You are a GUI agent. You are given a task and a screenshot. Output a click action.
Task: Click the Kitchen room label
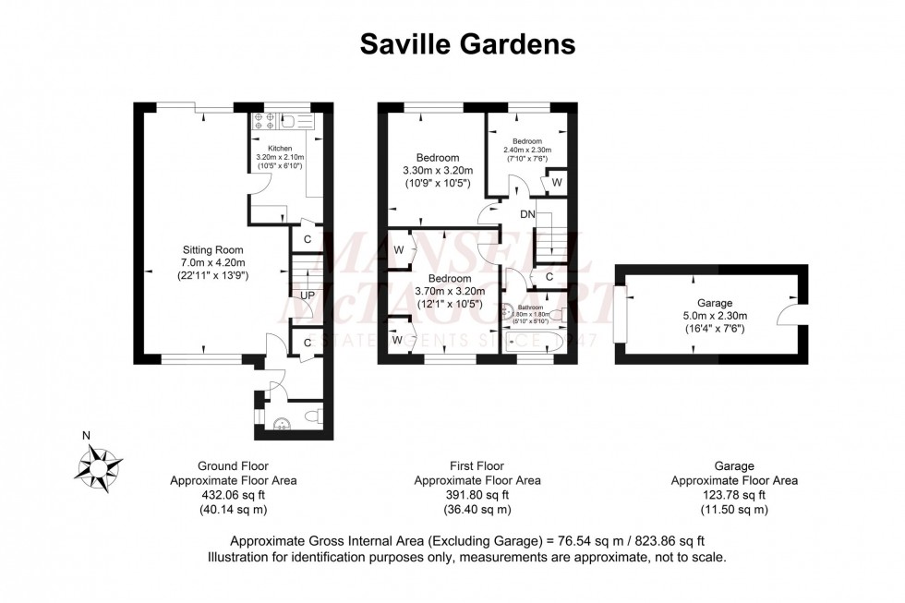[280, 148]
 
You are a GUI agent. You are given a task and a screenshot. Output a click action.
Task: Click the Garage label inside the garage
[714, 303]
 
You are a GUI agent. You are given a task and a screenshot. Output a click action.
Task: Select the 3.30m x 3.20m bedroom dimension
[438, 171]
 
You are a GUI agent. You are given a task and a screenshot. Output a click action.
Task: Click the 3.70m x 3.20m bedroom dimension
[450, 292]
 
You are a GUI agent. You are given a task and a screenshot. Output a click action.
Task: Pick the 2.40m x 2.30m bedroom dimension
[526, 150]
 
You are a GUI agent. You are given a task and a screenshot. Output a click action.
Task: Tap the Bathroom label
[530, 307]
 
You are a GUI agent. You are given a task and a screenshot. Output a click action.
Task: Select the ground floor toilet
[311, 416]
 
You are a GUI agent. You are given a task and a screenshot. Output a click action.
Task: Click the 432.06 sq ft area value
[233, 495]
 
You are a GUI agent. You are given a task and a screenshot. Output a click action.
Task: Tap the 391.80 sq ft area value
[477, 495]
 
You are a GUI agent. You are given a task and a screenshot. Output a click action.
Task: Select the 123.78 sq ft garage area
[734, 495]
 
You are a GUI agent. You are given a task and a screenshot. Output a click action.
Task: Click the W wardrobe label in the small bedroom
[557, 183]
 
